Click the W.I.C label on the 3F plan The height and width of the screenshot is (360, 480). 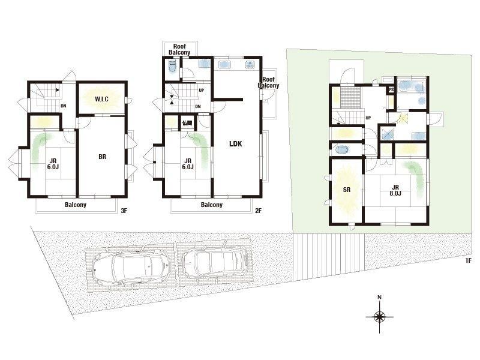(101, 99)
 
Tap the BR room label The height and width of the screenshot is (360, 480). (102, 157)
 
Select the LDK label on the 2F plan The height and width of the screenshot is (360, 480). (236, 143)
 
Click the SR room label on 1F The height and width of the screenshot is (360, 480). (347, 190)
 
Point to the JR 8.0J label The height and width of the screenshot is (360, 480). (395, 190)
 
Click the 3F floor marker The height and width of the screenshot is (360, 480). (124, 211)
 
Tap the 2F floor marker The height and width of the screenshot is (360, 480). (259, 211)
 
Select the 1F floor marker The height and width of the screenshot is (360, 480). (468, 260)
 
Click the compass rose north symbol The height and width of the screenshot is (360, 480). (380, 316)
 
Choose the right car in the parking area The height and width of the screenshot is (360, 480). (215, 262)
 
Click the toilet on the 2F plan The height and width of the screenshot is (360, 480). (172, 67)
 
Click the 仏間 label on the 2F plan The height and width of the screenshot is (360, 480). (187, 123)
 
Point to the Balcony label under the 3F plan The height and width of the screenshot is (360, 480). (76, 205)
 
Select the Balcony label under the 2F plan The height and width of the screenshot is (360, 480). (212, 205)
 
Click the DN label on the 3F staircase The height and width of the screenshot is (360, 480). (64, 106)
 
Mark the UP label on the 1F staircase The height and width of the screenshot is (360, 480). (368, 118)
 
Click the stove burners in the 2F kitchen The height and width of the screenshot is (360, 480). (251, 65)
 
